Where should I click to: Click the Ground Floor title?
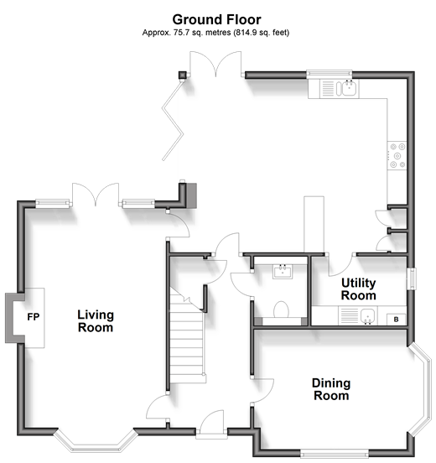click(x=216, y=20)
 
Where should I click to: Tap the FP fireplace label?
click(x=33, y=317)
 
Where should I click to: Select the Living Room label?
click(x=96, y=321)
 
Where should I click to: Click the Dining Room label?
click(x=331, y=389)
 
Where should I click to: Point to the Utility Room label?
click(x=359, y=289)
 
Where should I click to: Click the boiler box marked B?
click(x=396, y=320)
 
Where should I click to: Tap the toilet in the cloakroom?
click(x=281, y=310)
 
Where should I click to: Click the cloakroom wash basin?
click(x=283, y=272)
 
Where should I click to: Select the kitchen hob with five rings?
click(x=397, y=155)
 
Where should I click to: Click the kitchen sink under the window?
click(x=340, y=89)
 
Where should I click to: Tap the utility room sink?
click(x=358, y=315)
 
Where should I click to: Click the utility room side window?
click(x=412, y=278)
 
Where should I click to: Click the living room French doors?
click(x=96, y=195)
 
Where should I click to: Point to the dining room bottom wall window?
click(x=335, y=454)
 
